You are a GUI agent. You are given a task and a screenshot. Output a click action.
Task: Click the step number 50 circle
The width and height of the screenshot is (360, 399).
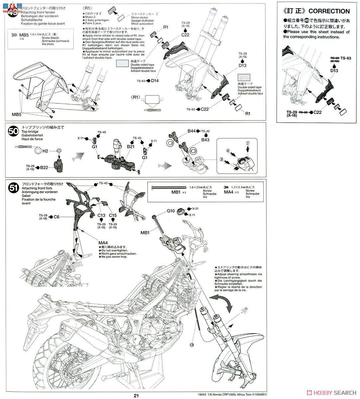tap(13, 132)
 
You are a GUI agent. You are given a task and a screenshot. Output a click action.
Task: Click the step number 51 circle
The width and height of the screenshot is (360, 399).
tap(13, 188)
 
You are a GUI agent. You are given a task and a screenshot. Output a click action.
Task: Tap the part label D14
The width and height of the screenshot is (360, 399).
tap(155, 80)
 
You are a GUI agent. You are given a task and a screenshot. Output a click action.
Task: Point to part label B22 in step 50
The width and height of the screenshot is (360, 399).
tap(45, 167)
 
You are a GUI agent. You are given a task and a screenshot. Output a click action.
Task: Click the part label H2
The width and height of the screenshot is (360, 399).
tap(46, 151)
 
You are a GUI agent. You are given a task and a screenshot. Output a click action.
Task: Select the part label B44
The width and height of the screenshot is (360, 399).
tap(191, 131)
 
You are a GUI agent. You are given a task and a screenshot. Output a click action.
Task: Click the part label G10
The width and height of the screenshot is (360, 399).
tap(171, 211)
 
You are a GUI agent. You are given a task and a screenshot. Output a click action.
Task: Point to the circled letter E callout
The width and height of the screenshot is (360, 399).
tap(191, 345)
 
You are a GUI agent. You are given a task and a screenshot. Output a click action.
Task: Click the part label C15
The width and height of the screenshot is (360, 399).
tap(113, 215)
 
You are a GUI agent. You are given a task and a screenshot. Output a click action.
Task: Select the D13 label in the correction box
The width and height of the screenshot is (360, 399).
tap(334, 70)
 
